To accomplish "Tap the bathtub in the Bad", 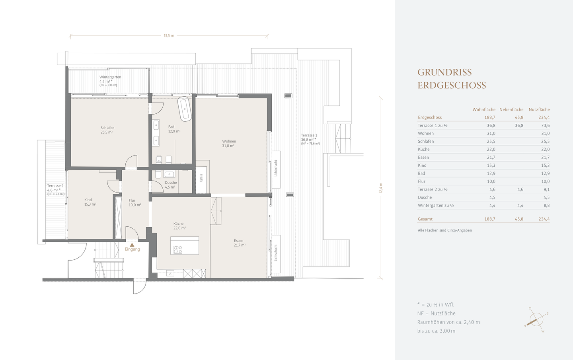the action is click(185, 109).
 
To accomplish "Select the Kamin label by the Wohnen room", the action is click(201, 178).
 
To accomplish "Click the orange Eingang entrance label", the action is click(132, 249).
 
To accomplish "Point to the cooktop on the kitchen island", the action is click(178, 249).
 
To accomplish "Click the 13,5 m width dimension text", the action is click(169, 35).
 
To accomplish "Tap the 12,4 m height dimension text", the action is click(381, 188).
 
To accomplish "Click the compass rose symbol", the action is click(536, 319).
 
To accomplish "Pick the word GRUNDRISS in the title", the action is click(444, 72).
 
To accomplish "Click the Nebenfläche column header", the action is click(511, 109).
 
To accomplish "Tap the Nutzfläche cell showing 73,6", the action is click(545, 125).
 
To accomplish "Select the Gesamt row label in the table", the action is click(425, 219).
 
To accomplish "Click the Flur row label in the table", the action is click(421, 181).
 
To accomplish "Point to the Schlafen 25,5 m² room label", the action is click(107, 130).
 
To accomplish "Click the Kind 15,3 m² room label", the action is click(90, 202).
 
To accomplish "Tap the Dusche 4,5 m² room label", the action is click(171, 185).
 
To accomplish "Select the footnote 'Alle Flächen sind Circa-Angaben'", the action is click(445, 230).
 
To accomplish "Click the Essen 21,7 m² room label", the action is click(240, 243).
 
